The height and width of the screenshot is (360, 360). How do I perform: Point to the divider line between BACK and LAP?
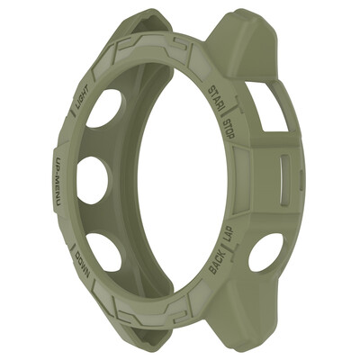(x=225, y=251)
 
